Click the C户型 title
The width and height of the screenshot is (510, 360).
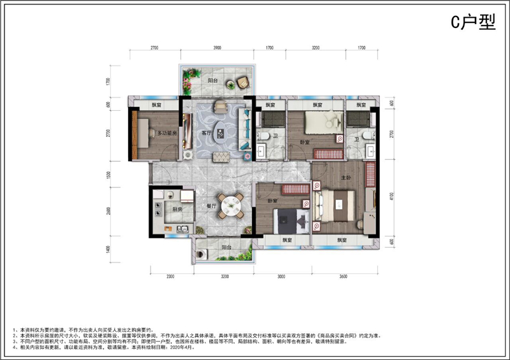pos(473,23)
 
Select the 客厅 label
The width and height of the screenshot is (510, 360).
pos(205,133)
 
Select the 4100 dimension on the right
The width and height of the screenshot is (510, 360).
pos(391,197)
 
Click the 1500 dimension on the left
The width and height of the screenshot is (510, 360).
pos(109,175)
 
